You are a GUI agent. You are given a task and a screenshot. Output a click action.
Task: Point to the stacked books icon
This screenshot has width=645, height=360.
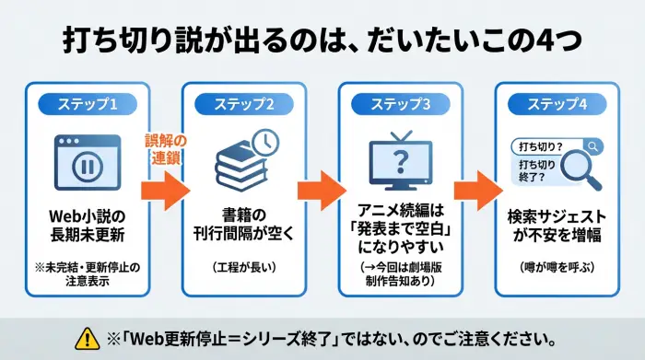(240, 170)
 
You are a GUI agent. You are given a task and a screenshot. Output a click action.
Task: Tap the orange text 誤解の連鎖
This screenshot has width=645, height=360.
(165, 149)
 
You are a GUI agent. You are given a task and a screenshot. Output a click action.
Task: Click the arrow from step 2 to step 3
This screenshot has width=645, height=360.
(322, 189)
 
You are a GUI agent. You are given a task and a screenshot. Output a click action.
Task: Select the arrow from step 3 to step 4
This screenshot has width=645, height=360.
(477, 189)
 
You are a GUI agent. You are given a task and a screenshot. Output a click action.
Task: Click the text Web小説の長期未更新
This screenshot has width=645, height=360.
(88, 224)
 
